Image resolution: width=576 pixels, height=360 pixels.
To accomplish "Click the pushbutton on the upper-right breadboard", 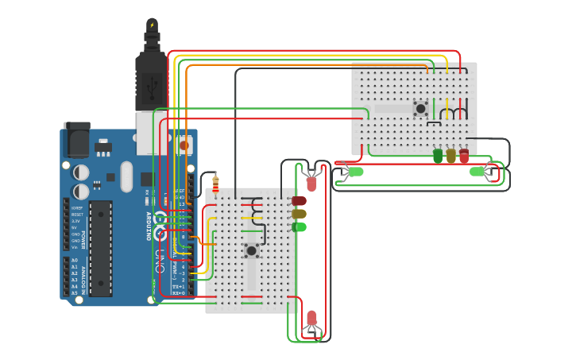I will pos(420,108).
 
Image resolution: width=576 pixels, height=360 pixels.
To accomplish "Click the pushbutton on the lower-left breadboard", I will pos(251,250).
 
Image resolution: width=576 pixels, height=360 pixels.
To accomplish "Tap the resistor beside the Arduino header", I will pos(215,183).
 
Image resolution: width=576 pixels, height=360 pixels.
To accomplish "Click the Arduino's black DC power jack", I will pos(76,141).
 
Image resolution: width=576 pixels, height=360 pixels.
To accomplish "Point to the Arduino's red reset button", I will pos(184,145).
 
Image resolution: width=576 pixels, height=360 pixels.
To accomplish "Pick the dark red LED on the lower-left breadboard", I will pos(299,201).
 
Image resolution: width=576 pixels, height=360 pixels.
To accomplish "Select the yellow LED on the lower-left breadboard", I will pos(299,214).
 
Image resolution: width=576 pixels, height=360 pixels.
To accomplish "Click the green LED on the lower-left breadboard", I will pos(299,227).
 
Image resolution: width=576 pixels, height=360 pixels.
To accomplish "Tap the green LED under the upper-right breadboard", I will pos(438,156).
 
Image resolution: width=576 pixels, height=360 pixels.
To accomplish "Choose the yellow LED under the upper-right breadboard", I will pos(451,156).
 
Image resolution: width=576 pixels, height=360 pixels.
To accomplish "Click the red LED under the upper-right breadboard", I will pos(464,156).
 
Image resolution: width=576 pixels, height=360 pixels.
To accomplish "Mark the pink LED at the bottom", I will pos(311,319).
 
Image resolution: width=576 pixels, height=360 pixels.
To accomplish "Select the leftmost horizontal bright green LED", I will pos(354,172).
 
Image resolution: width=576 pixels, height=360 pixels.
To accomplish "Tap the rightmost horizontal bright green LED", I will pos(477,172).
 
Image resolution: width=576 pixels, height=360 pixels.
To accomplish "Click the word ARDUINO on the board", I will pos(149,226).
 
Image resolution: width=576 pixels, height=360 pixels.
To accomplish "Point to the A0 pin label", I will pos(75,261).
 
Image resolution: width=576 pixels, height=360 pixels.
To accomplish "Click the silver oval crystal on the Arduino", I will pos(126,176).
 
